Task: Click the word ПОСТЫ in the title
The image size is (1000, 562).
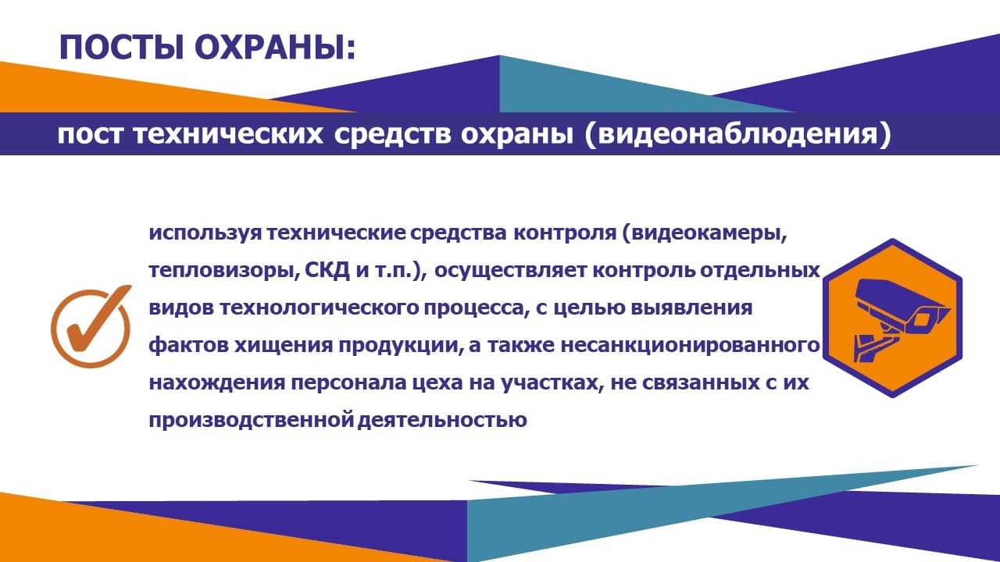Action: click(121, 48)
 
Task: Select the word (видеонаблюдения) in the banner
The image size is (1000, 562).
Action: click(737, 133)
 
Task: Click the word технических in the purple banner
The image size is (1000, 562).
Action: click(227, 133)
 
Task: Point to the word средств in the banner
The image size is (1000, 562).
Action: click(392, 133)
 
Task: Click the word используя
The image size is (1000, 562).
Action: click(205, 233)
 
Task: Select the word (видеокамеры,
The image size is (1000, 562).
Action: click(705, 233)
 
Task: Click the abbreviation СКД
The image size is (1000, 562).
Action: click(327, 270)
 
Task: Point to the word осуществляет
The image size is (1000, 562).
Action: click(509, 271)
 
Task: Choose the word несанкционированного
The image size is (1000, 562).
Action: click(690, 346)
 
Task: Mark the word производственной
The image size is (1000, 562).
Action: click(252, 421)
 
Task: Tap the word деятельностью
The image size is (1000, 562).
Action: click(442, 420)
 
